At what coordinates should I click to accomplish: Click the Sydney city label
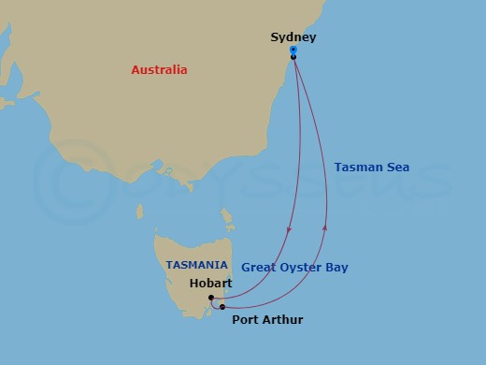point(293,37)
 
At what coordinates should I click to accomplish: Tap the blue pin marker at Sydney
point(293,51)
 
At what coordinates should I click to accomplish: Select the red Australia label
point(159,70)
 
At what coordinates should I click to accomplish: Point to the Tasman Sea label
point(372,168)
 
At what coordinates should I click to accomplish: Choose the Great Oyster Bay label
point(294,268)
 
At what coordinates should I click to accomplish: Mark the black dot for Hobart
point(211,298)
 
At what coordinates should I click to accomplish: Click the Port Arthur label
point(266,320)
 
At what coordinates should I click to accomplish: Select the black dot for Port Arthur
point(222,306)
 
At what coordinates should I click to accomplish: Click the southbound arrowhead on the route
point(289,231)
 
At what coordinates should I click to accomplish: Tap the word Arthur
point(283,320)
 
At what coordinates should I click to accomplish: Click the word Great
point(259,268)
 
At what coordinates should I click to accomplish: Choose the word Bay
point(336,268)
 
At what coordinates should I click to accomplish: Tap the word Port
point(245,320)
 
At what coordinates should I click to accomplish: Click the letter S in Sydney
point(275,37)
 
